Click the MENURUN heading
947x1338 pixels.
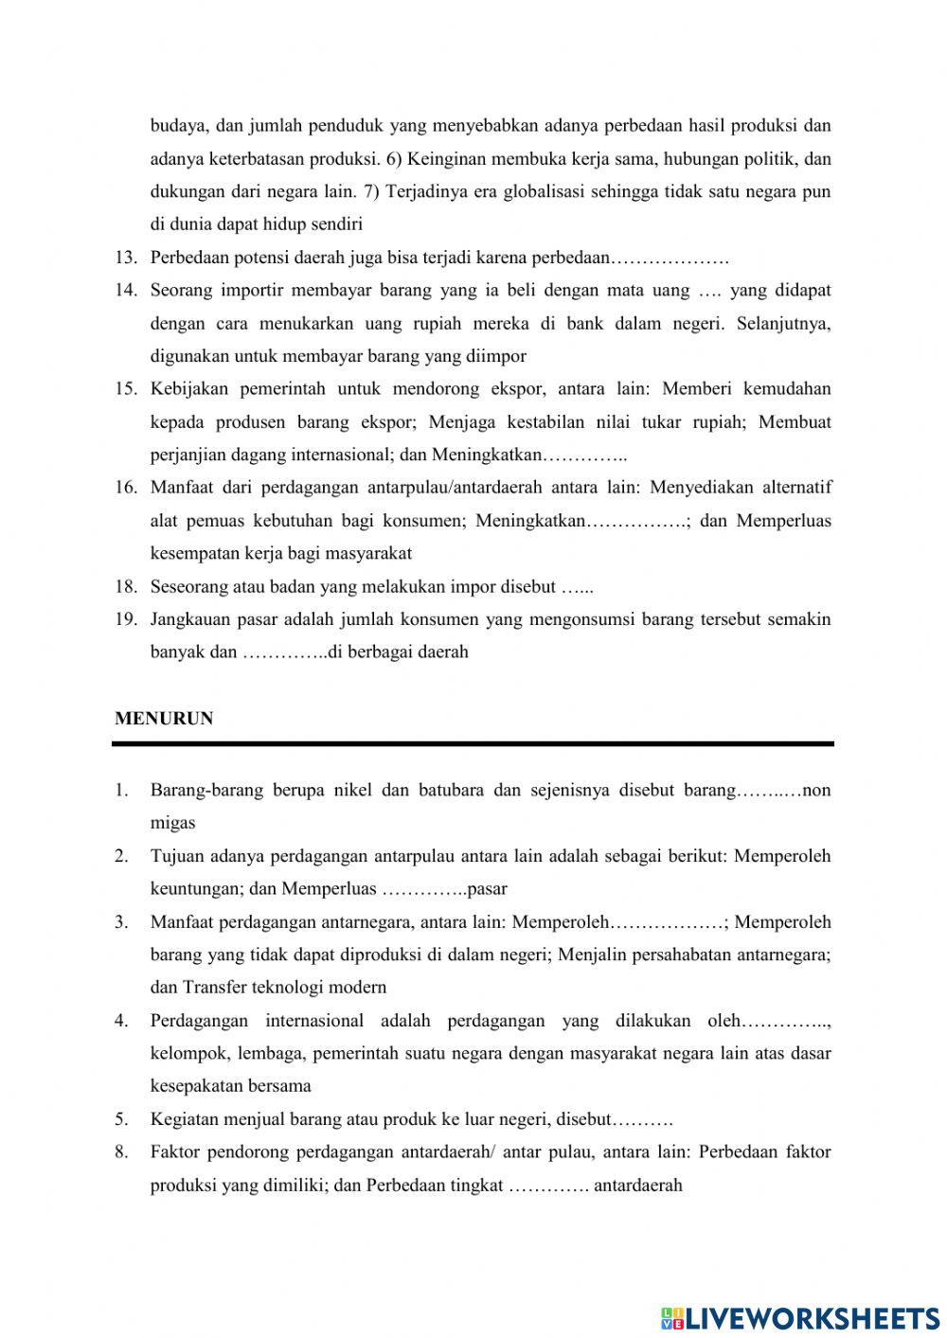[x=164, y=719]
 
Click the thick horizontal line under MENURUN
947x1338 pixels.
[x=473, y=744]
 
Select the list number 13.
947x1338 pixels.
[x=127, y=258]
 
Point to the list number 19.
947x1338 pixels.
[x=127, y=619]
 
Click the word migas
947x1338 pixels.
[x=172, y=824]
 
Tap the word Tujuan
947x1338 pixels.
[x=177, y=856]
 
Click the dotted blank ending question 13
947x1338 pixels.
[x=670, y=259]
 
